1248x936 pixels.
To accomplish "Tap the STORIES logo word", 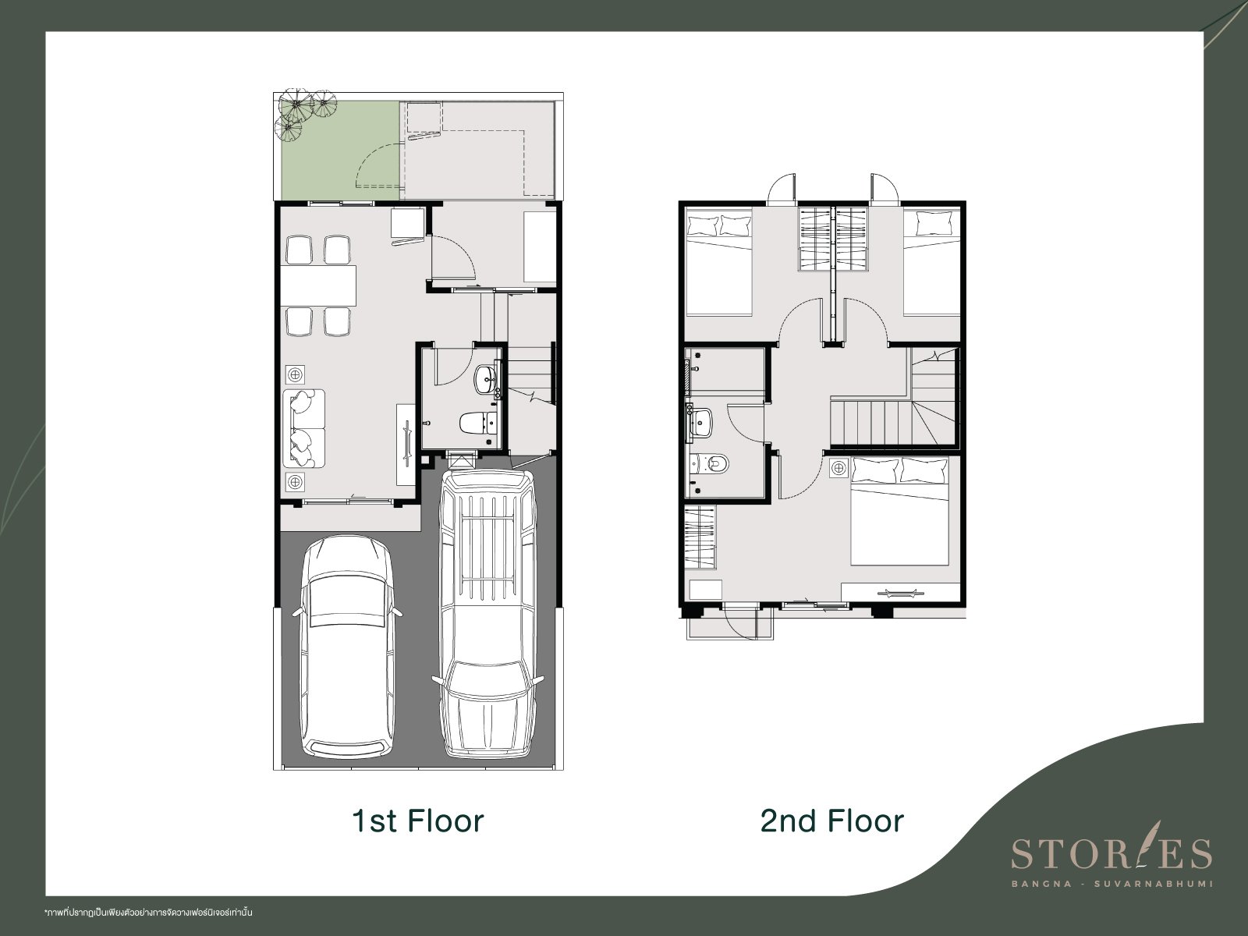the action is (1111, 853).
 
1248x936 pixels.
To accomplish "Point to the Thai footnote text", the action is (148, 913).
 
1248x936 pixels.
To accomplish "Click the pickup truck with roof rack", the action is (487, 614).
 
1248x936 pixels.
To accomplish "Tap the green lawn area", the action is (340, 151).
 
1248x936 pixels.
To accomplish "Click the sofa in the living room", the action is (303, 428).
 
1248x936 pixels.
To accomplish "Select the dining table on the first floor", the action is (318, 285).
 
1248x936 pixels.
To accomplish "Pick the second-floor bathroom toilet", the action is (710, 464).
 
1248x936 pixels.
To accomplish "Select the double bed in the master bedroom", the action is (899, 511).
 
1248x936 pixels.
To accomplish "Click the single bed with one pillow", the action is (931, 262).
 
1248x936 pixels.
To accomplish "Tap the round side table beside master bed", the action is (838, 468).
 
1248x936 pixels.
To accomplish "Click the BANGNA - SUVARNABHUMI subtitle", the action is (1111, 884).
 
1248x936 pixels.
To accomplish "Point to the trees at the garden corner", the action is (300, 113).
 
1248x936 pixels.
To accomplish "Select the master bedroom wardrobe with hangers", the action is (700, 535).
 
